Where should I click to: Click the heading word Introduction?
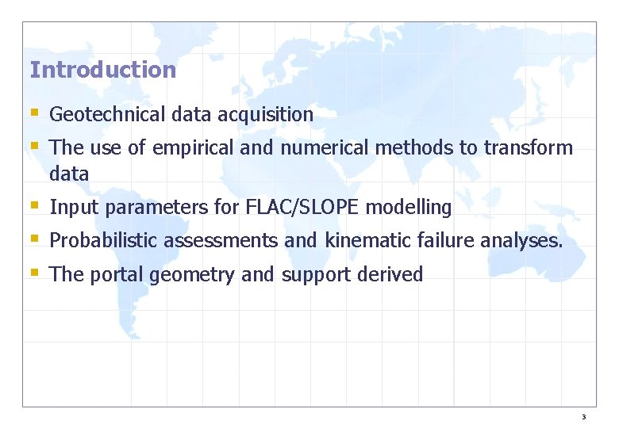(102, 70)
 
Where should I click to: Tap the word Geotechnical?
(106, 115)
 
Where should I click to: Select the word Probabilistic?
(104, 241)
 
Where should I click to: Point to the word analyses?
(521, 242)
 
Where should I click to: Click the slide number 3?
(583, 417)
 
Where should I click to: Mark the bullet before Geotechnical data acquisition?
(34, 113)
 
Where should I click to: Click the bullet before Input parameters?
(34, 206)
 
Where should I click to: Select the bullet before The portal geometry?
(34, 273)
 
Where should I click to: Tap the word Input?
(74, 208)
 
